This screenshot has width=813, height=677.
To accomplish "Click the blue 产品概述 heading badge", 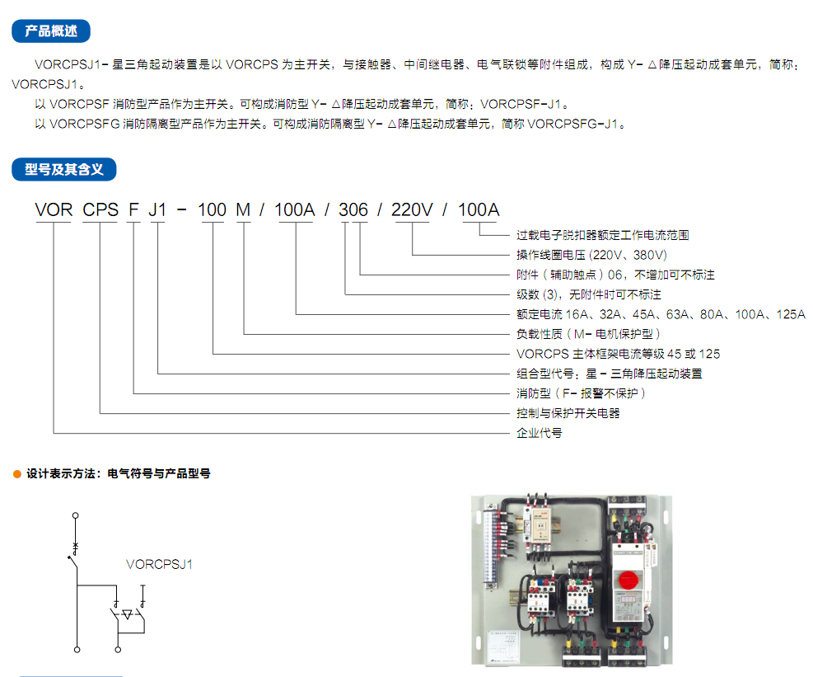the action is (51, 31).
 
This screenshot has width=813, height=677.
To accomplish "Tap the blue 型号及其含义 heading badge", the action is (63, 169).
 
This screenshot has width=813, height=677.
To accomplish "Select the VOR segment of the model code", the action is (54, 209).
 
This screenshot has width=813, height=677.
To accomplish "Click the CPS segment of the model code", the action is (100, 209).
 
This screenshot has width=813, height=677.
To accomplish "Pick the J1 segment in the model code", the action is (157, 209).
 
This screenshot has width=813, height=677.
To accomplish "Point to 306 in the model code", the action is (353, 209).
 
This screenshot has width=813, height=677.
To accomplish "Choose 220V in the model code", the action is (412, 209).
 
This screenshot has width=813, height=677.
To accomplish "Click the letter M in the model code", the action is (243, 209).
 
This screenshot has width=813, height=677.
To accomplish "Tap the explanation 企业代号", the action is (540, 433).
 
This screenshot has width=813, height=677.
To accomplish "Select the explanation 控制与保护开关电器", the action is (568, 413).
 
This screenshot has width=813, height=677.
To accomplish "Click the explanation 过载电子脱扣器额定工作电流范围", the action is (602, 235).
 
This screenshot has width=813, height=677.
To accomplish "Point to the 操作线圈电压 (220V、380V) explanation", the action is (591, 255).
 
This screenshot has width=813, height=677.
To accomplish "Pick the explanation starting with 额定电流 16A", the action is (661, 314).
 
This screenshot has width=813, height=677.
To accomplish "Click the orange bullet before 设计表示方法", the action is (17, 474).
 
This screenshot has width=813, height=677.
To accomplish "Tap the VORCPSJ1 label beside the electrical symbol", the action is (159, 564).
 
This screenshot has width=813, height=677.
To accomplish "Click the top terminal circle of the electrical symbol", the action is (75, 515).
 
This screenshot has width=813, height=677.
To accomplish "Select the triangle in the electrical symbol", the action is (127, 614).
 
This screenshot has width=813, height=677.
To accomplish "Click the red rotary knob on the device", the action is (628, 580).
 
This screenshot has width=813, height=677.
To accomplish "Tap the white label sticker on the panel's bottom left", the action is (503, 646).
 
